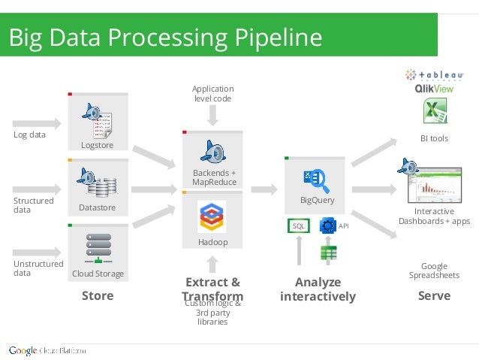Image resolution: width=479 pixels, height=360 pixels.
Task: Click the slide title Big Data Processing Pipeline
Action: point(165,38)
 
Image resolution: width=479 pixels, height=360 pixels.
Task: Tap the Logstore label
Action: point(97,145)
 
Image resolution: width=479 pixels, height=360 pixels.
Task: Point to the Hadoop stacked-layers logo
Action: point(212,216)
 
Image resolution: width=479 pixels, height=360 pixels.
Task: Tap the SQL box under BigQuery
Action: point(298,225)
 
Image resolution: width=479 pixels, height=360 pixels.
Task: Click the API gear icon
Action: point(327,225)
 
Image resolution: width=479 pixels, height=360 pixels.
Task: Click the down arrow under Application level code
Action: point(213,114)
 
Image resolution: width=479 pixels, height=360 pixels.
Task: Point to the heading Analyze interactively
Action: point(318,289)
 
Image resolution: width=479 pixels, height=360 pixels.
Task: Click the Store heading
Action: point(98,296)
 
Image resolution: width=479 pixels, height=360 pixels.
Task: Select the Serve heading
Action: point(434,296)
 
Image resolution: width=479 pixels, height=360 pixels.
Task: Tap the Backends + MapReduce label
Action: point(214,177)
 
